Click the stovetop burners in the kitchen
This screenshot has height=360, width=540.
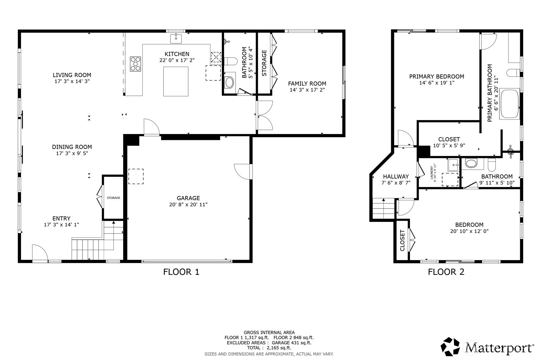click(135, 64)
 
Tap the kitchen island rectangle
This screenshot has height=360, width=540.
click(176, 81)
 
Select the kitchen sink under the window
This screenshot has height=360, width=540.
click(176, 38)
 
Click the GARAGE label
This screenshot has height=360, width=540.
click(188, 198)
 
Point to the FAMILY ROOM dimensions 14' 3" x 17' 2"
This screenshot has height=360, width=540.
click(307, 90)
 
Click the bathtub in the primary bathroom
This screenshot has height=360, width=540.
click(510, 104)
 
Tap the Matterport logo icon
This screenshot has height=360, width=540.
click(450, 347)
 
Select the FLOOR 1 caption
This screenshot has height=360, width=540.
click(181, 272)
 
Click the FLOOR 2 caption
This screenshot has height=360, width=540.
click(446, 272)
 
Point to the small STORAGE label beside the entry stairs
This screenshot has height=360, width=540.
click(114, 198)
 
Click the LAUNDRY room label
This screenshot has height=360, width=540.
click(432, 173)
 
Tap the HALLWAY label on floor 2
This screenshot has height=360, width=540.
click(396, 176)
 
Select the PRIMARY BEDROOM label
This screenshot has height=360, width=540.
click(437, 77)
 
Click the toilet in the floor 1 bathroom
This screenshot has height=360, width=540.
click(231, 61)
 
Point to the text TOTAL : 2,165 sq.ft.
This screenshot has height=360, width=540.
click(269, 348)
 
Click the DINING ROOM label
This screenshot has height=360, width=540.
click(72, 147)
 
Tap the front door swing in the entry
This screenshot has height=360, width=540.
click(40, 252)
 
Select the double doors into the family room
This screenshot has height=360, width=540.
click(265, 116)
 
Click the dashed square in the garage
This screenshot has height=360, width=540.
click(136, 177)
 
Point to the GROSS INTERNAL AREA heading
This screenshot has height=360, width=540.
click(269, 333)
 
